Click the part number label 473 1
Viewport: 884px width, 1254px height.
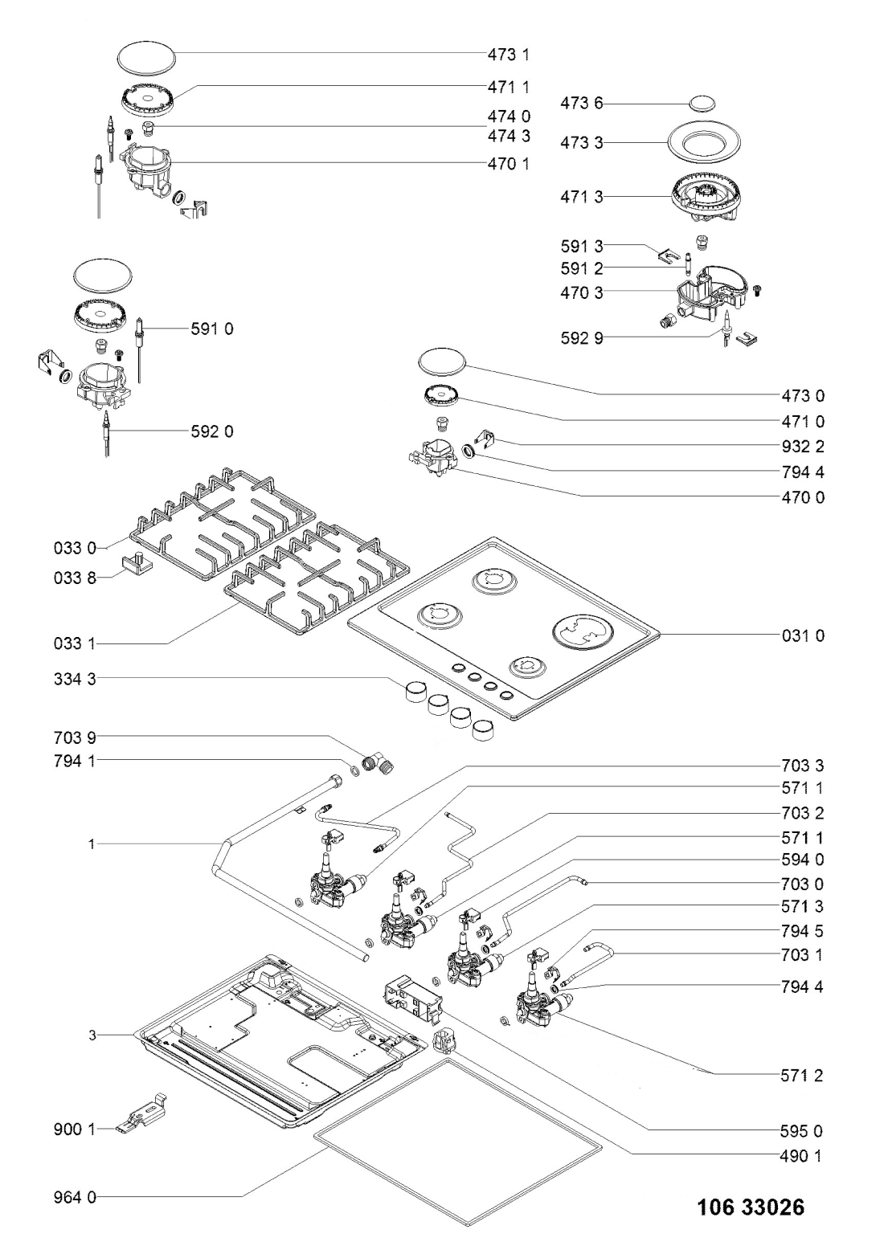click(x=509, y=55)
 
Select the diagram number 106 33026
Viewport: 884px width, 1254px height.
click(x=749, y=1207)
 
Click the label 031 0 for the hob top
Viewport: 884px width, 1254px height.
click(x=803, y=635)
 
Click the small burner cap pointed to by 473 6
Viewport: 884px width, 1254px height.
click(x=702, y=103)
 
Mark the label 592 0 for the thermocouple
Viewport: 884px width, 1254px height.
click(x=212, y=431)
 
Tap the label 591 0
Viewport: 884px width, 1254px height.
click(x=212, y=329)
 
